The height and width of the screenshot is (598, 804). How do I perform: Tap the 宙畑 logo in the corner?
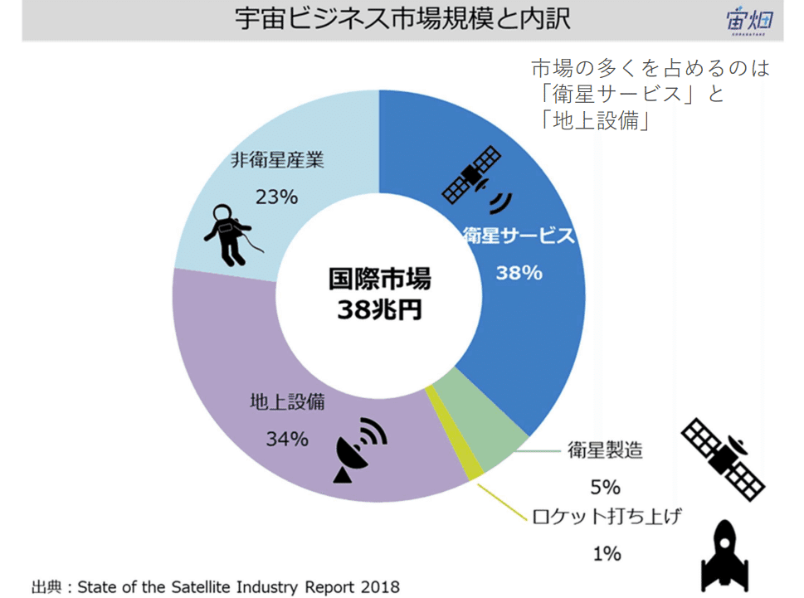tap(748, 21)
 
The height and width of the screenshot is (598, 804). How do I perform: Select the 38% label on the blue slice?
tap(519, 272)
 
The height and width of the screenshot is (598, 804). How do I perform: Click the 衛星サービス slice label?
tap(518, 236)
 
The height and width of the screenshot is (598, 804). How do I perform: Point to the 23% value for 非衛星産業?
tap(276, 197)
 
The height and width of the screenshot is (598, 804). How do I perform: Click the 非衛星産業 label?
tap(276, 159)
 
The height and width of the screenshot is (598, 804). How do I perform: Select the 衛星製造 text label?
tap(606, 450)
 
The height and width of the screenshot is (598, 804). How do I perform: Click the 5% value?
tap(606, 486)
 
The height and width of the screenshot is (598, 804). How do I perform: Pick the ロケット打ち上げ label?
tap(607, 517)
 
